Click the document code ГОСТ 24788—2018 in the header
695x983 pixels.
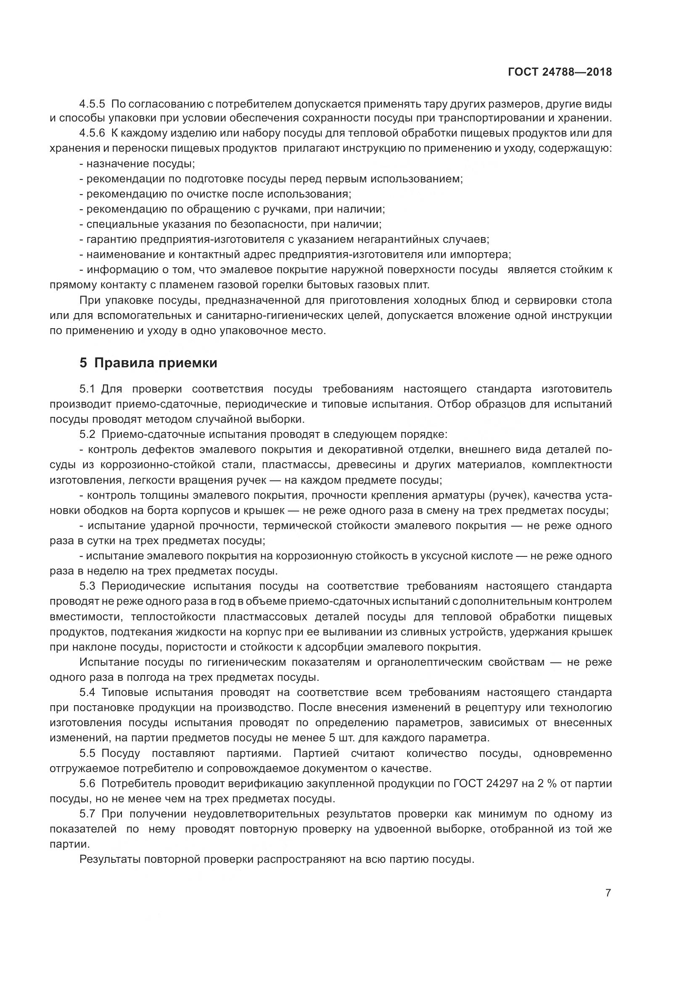(560, 72)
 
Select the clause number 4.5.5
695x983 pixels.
(92, 104)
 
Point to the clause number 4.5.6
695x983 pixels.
(92, 134)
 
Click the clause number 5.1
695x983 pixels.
(87, 389)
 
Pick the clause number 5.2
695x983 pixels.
(87, 435)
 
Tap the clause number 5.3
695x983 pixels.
(87, 586)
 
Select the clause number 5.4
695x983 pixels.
(87, 692)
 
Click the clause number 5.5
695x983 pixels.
(87, 753)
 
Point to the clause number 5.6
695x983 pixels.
(87, 783)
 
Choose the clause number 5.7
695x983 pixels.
(87, 814)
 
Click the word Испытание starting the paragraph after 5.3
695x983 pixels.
(109, 662)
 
